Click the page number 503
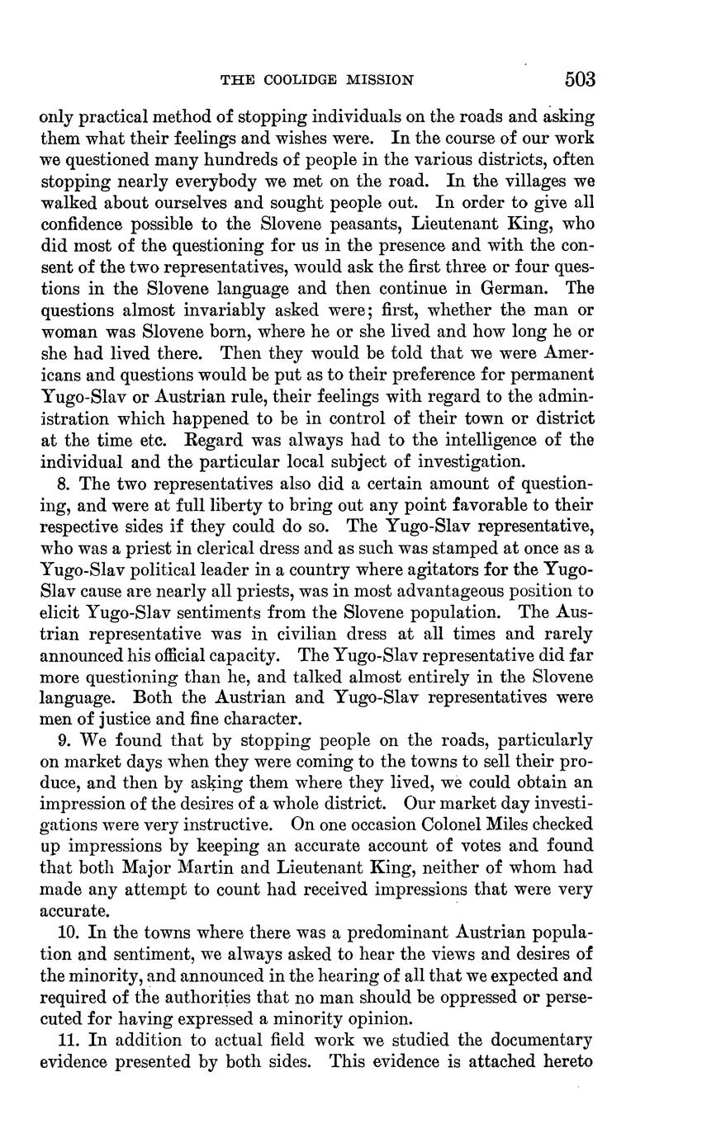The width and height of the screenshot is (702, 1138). [x=580, y=79]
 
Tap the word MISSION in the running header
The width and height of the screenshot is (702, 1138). [x=381, y=80]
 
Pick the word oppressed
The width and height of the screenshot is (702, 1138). [x=482, y=997]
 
